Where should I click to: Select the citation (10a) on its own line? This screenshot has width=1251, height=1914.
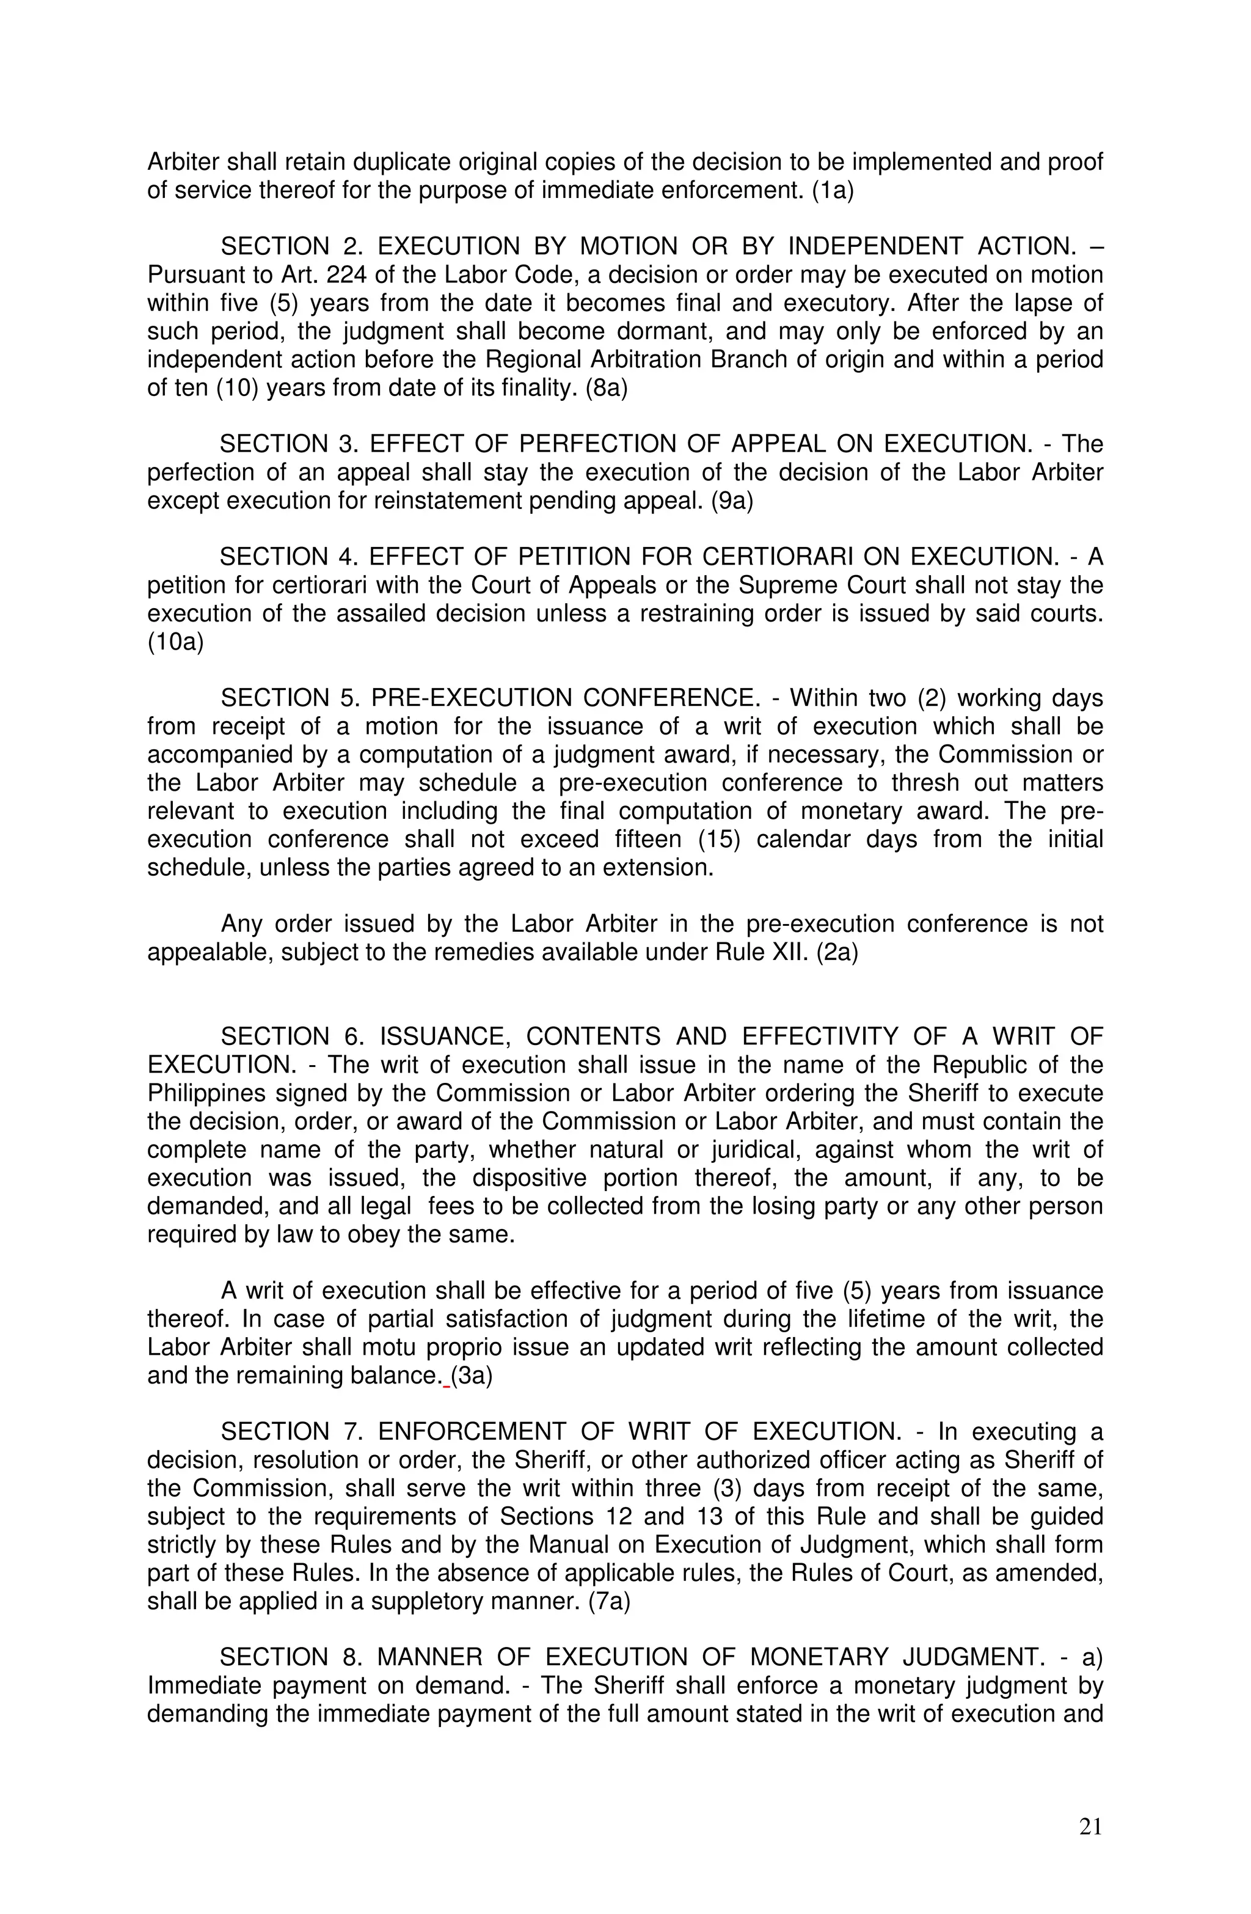click(x=175, y=642)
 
